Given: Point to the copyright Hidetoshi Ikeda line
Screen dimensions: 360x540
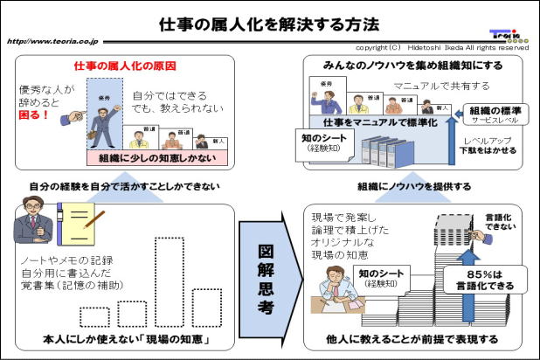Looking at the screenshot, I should coord(442,47).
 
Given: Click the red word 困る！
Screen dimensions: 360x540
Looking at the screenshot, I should coord(35,114).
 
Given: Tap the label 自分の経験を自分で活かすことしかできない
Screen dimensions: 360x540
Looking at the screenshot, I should coord(123,186).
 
